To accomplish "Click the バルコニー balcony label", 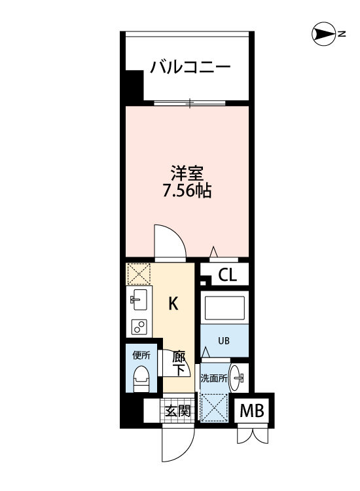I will coord(189,67).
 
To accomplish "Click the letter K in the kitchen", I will coord(173,304).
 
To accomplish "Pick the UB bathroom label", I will coord(224,341).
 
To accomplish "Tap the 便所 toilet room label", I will coord(141,355).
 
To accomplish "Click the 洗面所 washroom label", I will coord(214,378).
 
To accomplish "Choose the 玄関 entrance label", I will coord(177,411).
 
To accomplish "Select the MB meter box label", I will coord(252,412).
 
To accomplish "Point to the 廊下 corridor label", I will coord(179,364).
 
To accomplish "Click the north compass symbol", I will coord(322,33).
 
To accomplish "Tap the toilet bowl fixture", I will coord(140,378).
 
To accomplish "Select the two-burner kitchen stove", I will coord(139,326).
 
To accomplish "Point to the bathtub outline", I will coord(224,308).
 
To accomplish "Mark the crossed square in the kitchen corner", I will coord(139,274).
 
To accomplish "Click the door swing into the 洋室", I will coord(170,240).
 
